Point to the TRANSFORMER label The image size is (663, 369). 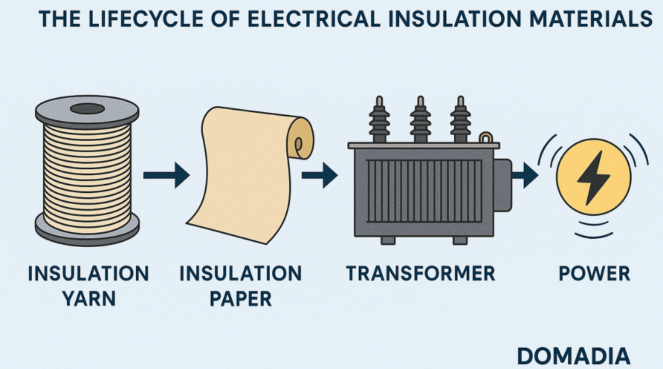pyautogui.click(x=420, y=273)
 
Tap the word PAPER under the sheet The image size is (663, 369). pyautogui.click(x=241, y=298)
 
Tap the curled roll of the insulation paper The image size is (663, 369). pyautogui.click(x=302, y=140)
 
